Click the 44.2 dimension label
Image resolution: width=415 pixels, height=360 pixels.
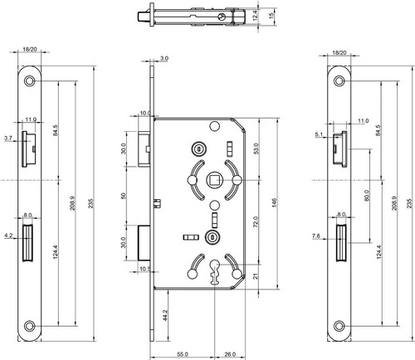164,316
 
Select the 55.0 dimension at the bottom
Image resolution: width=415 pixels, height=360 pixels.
183,354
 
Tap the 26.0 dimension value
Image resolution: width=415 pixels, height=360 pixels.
230,354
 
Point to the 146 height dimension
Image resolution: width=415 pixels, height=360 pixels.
274,203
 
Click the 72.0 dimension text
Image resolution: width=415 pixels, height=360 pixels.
256,221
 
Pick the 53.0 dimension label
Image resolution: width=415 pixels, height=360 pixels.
256,148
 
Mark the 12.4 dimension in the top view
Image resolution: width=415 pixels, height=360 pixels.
255,16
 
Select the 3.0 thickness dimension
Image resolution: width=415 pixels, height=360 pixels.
164,58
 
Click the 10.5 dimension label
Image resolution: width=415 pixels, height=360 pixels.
144,269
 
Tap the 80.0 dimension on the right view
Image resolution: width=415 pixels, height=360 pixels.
367,195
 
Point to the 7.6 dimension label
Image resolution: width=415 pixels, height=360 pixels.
316,236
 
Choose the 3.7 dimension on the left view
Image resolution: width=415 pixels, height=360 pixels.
8,139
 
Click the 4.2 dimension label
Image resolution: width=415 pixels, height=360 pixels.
8,236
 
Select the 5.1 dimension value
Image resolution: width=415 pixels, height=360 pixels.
319,134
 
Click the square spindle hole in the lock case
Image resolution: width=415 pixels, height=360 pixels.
213,180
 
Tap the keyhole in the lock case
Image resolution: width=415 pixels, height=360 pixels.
214,271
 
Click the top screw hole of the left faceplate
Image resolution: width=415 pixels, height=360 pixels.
29,81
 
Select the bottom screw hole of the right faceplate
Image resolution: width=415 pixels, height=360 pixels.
339,326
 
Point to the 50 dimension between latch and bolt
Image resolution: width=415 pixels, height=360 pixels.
124,196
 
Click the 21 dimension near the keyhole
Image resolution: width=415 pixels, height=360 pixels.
256,276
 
